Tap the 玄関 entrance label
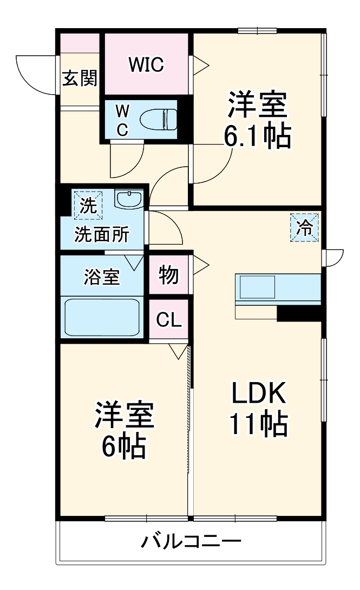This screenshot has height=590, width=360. [80, 79]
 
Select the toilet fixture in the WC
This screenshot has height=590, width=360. [158, 118]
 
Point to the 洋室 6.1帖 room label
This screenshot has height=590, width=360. [258, 120]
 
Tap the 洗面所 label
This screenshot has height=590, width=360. [102, 235]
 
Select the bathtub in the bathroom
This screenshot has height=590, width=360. [103, 317]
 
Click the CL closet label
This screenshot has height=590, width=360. [169, 320]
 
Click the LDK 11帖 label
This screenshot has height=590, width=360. [258, 410]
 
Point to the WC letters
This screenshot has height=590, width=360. [123, 120]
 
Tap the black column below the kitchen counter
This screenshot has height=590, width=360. [299, 313]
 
